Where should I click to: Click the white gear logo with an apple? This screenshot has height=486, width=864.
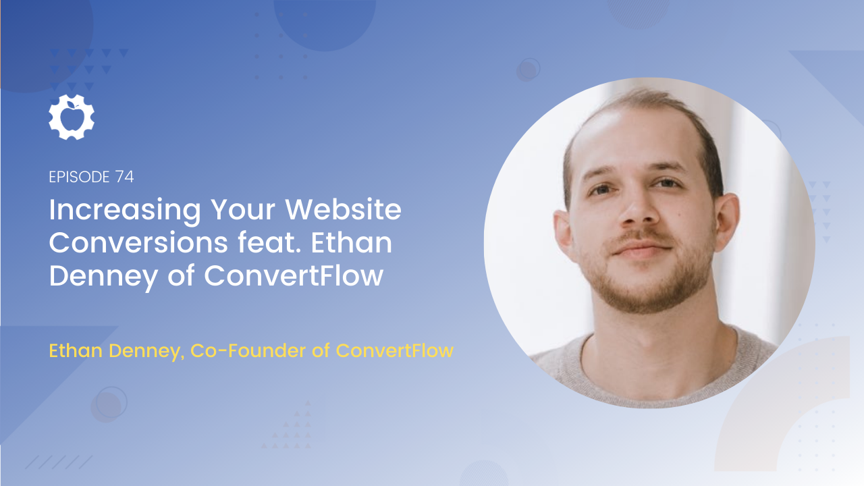[x=72, y=117]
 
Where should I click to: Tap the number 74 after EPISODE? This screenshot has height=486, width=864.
[x=124, y=177]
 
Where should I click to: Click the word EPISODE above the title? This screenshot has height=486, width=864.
[x=80, y=177]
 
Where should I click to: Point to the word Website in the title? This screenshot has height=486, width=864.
[x=344, y=209]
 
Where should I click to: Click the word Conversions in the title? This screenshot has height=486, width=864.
[x=138, y=243]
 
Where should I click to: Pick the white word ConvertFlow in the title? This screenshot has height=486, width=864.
[x=294, y=275]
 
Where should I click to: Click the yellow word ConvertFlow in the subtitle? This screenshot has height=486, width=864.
[x=395, y=350]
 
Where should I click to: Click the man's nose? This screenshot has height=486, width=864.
[x=639, y=210]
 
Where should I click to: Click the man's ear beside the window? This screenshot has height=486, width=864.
[x=726, y=223]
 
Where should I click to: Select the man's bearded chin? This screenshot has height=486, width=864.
[x=648, y=293]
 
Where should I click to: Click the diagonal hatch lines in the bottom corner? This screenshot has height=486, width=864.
[x=59, y=462]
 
